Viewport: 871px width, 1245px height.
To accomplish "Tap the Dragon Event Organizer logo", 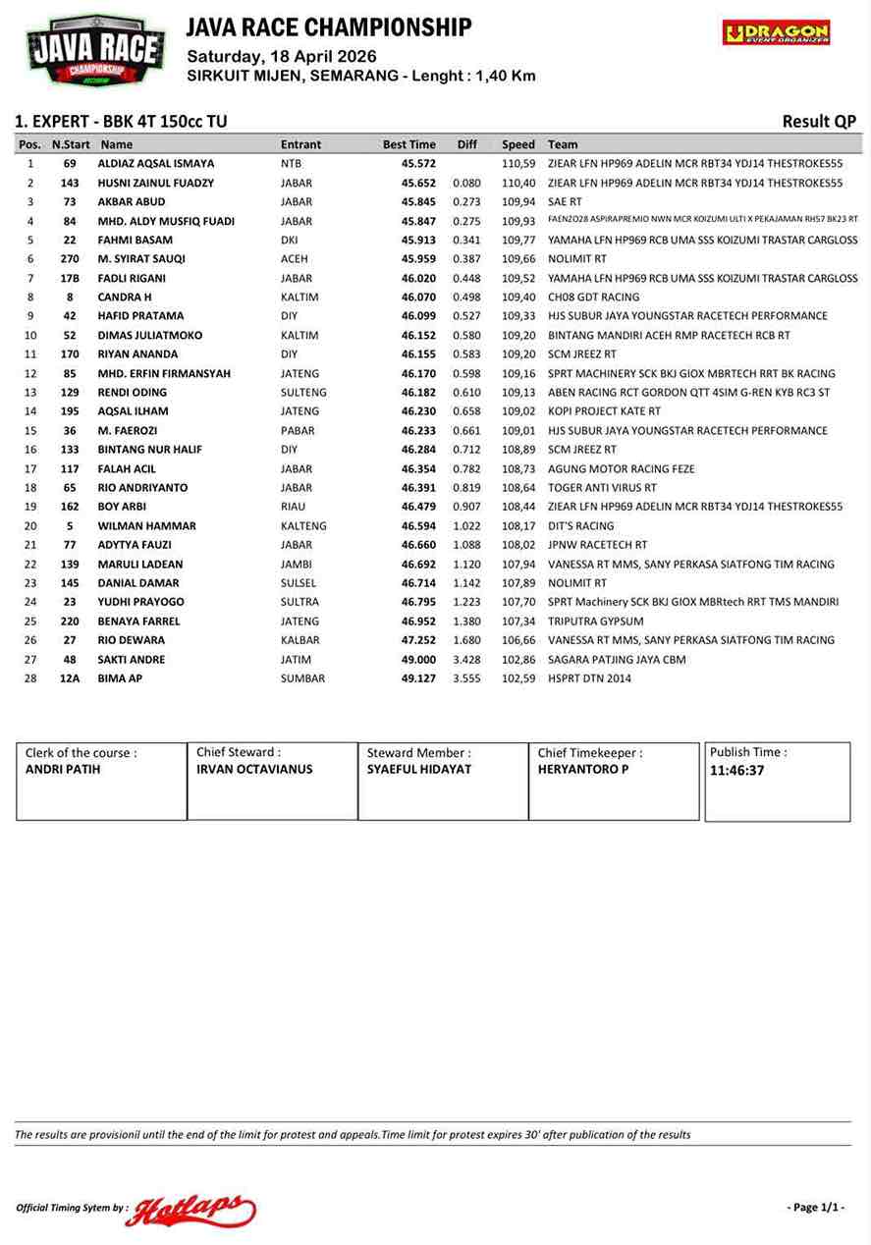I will point(776,32).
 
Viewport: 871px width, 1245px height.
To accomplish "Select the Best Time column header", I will point(408,144).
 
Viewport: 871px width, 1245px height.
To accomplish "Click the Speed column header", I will point(518,144).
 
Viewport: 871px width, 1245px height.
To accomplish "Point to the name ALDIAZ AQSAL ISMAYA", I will point(155,164).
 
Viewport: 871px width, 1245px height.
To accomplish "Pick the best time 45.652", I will point(418,183).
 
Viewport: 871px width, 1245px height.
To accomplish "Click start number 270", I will point(70,259).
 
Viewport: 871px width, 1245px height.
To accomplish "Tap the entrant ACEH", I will point(294,259).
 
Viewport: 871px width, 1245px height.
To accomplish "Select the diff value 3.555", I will point(466,678).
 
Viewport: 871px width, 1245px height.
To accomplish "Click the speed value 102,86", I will point(518,660).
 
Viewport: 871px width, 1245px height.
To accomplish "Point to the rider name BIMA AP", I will point(120,678).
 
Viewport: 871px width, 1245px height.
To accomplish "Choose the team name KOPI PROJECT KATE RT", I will point(604,411).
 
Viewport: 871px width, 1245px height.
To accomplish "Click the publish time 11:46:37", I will point(736,771).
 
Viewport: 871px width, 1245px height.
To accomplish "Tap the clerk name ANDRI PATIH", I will point(63,770).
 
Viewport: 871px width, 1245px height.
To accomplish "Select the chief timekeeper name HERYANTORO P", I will point(583,770).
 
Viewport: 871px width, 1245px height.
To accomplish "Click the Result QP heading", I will point(818,122).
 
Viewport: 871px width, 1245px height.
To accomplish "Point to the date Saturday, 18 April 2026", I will point(282,56).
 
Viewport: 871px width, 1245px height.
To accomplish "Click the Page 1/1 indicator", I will point(815,1207).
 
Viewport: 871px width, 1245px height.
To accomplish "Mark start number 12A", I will point(70,678).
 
